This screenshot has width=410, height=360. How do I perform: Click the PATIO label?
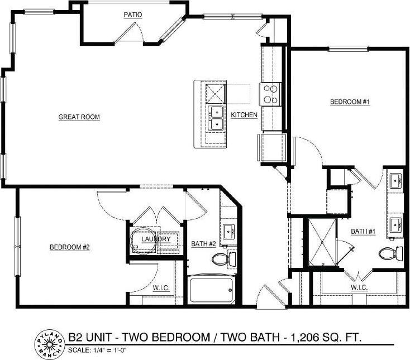coord(132,14)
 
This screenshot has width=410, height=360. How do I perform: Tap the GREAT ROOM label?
coord(79,117)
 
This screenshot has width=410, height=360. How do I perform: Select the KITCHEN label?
coord(244,115)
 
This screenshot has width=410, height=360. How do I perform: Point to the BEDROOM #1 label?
coord(350,102)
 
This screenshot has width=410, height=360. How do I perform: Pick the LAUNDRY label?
coord(156,239)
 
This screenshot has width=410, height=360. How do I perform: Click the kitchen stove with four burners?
coord(270,94)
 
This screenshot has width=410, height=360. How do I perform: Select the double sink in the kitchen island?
coord(216,117)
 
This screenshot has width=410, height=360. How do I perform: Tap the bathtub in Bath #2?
coord(211,289)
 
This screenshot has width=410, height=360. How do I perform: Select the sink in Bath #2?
coord(228,231)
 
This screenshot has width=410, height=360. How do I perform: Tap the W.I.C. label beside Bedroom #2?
coord(161,288)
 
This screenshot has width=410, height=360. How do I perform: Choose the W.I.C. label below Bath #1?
coord(359,287)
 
